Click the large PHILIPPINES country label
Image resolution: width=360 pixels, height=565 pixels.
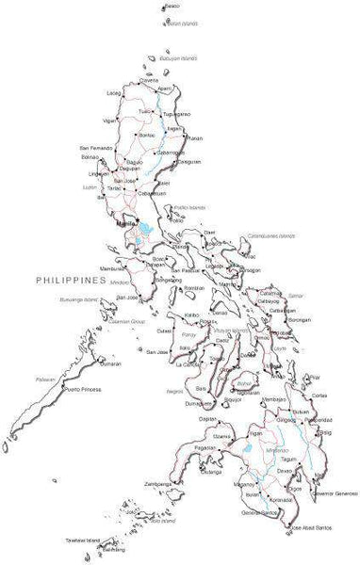pyautogui.click(x=69, y=280)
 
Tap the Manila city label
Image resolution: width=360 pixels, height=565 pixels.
pyautogui.click(x=123, y=225)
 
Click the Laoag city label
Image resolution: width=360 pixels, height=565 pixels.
pyautogui.click(x=114, y=92)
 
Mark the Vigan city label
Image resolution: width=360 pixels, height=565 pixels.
pyautogui.click(x=111, y=121)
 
